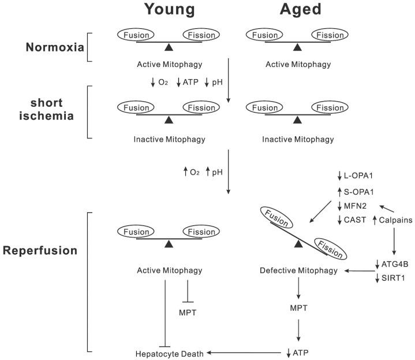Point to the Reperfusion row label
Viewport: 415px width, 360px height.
click(40, 252)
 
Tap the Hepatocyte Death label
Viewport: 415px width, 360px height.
click(170, 352)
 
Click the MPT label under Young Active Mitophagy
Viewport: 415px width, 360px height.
click(188, 313)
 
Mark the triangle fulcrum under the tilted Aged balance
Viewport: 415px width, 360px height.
click(297, 245)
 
